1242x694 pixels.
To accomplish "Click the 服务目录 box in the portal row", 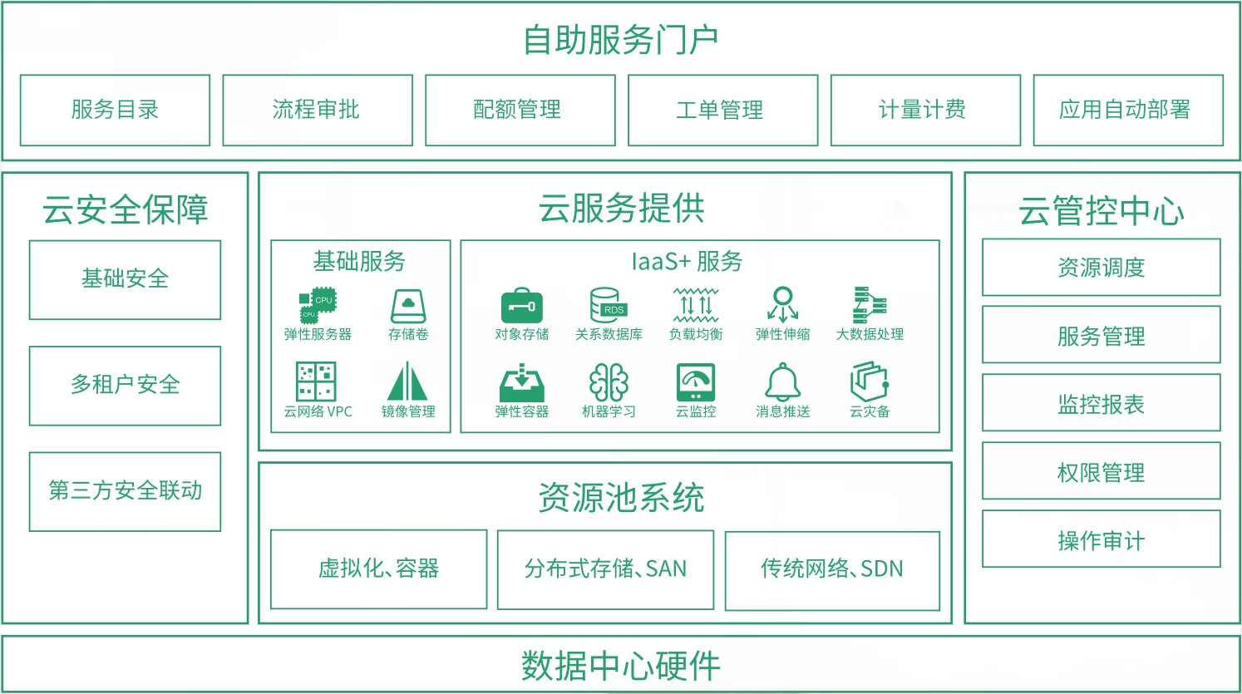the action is pos(116,111).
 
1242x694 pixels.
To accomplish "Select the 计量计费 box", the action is pos(925,111).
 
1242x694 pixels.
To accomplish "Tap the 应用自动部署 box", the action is pos(1128,111).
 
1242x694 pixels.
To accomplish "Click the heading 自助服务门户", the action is pos(621,40).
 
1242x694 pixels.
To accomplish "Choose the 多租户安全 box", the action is pos(125,386).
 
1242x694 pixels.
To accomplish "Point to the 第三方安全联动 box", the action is pos(125,492).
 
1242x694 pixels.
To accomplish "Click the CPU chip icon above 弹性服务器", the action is pos(318,305).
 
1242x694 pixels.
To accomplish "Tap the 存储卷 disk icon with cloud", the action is pos(408,306).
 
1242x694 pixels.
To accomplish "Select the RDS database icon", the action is pos(609,305).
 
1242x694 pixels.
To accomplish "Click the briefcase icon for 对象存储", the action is pos(521,305).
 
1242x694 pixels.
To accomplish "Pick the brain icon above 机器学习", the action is pos(609,382).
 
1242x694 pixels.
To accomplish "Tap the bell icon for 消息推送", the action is pos(782,382).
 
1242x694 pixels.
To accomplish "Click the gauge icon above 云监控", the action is pos(695,382).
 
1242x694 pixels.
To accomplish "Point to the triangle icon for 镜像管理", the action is pos(407,381).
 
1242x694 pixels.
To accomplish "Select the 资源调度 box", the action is pos(1102,267).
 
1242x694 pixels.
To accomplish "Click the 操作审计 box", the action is pos(1102,539).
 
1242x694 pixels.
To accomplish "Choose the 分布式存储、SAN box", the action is pos(605,570).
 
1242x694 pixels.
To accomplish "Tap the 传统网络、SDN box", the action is pos(832,570).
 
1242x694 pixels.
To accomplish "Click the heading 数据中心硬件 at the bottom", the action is pos(620,666).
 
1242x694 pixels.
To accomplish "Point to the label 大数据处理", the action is pos(870,334).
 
